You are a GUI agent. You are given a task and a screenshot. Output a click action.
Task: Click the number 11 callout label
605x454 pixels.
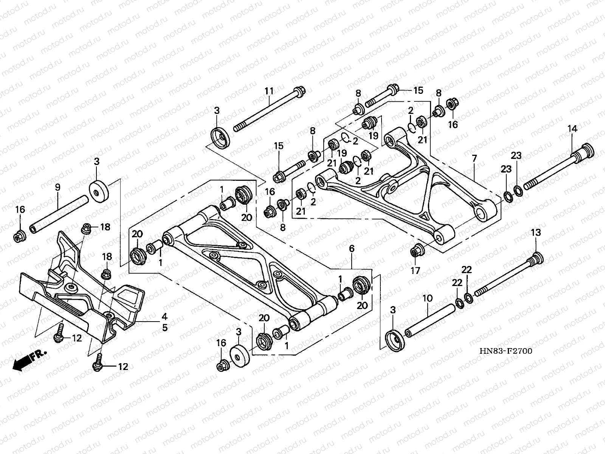coord(269,91)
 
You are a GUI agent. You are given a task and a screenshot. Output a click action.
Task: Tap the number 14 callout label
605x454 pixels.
coord(572,129)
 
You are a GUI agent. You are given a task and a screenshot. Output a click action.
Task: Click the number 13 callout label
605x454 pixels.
coord(536,232)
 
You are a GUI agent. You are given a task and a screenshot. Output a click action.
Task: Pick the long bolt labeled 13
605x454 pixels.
coord(507,276)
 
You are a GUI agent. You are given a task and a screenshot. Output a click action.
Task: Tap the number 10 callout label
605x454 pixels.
coord(427,299)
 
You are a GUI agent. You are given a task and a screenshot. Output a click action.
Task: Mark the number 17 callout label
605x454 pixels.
coord(416,271)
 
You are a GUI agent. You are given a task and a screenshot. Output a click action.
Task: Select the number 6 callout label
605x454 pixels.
coord(351,249)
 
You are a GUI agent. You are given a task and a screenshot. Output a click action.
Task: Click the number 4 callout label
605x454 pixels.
coord(164,316)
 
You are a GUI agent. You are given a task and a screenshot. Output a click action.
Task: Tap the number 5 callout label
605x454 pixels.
coord(164,328)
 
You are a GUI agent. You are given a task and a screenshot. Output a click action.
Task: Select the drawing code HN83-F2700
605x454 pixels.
coord(506,351)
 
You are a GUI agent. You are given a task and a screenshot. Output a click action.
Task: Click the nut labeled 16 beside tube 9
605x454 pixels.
coord(19,237)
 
